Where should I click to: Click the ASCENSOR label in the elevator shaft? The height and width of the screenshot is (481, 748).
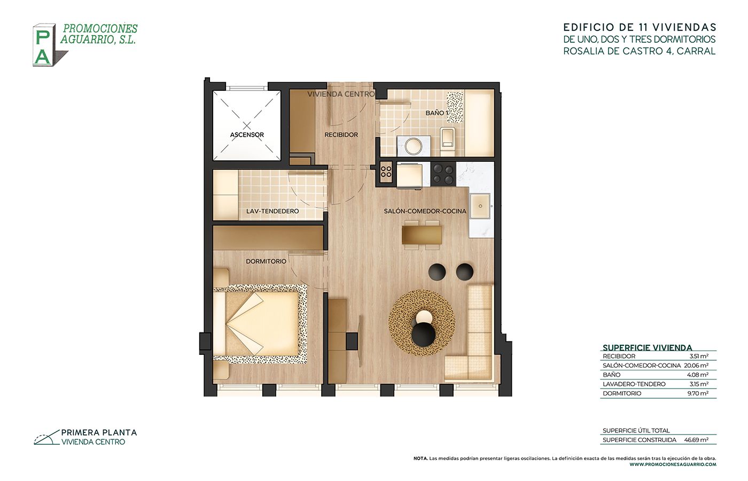(x=247, y=135)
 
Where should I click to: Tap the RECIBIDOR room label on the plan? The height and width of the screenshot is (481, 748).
(x=341, y=135)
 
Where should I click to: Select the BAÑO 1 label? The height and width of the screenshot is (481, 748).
(x=437, y=113)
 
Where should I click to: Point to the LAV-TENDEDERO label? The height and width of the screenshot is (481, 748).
(x=272, y=211)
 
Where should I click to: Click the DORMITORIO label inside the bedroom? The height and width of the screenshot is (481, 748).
(x=266, y=261)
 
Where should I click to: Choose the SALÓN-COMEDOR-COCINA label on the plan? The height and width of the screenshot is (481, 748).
(x=425, y=211)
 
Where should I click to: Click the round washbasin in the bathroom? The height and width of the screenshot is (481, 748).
(x=414, y=146)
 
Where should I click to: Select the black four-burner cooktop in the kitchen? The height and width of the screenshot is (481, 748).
(x=443, y=174)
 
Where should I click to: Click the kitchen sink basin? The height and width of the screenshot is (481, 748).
(x=480, y=206)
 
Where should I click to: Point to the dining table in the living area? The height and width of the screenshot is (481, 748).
(x=422, y=235)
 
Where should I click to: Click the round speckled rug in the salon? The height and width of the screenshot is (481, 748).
(x=422, y=323)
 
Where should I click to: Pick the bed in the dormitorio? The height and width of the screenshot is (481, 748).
(x=260, y=322)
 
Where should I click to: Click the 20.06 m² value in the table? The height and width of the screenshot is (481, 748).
(x=696, y=366)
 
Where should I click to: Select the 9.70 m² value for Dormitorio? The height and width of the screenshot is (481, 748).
(x=698, y=393)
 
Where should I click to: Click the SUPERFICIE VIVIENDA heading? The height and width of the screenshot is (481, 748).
(x=648, y=348)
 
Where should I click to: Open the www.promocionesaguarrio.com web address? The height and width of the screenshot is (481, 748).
(x=673, y=464)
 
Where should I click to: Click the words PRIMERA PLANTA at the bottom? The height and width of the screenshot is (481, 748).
(x=99, y=432)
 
